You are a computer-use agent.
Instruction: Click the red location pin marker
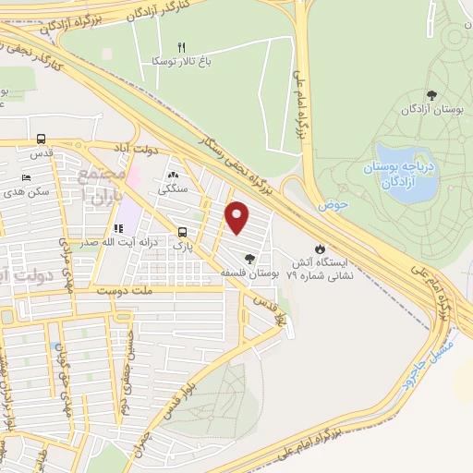[x=237, y=218]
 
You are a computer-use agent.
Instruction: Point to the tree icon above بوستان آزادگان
[x=431, y=94]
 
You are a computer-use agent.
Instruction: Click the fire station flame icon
[x=320, y=248]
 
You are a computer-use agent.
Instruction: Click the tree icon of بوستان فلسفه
[x=249, y=258]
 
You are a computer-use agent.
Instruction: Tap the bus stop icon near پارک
[x=182, y=233]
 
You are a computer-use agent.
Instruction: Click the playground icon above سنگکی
[x=174, y=175]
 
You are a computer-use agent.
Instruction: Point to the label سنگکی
[x=172, y=188]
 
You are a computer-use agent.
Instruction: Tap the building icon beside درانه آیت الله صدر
[x=118, y=228]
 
